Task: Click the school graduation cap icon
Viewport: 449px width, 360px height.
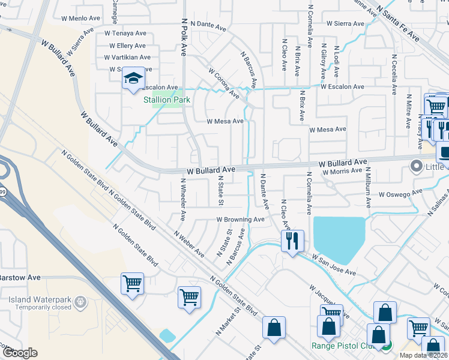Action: [133, 79]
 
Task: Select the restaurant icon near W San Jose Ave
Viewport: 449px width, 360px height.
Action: [292, 241]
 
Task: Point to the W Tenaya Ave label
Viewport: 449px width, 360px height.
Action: [125, 34]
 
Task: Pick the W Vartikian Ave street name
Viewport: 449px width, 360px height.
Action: [127, 57]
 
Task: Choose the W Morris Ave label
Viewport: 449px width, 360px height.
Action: [342, 172]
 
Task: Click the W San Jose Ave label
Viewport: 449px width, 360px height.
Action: [333, 264]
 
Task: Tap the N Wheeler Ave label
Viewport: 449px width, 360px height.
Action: [183, 199]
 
